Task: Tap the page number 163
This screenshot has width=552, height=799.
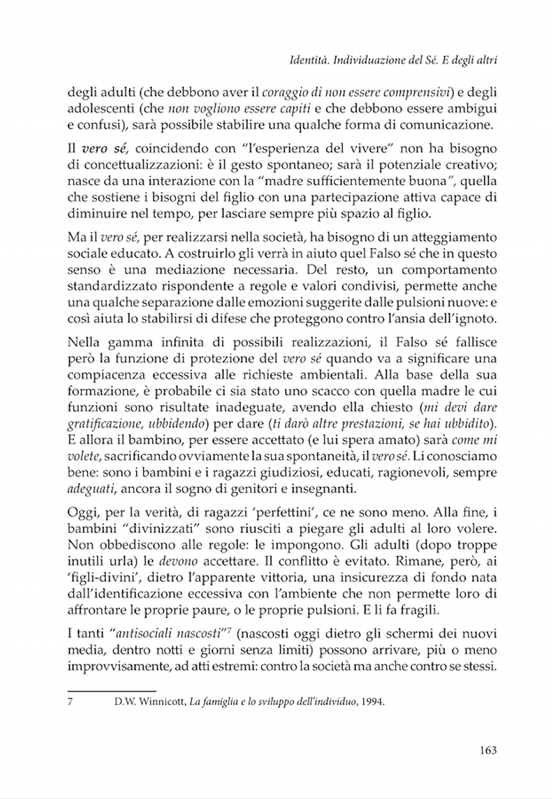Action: [488, 750]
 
